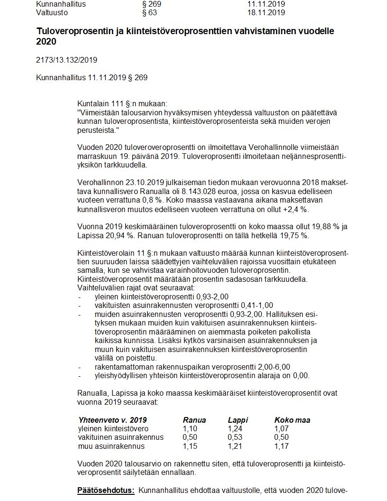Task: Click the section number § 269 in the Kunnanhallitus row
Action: click(152, 4)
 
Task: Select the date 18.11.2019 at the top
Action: click(266, 12)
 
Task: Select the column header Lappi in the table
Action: click(238, 420)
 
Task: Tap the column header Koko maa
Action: click(292, 420)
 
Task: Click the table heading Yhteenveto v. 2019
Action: click(112, 420)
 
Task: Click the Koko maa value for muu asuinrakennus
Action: click(282, 446)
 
